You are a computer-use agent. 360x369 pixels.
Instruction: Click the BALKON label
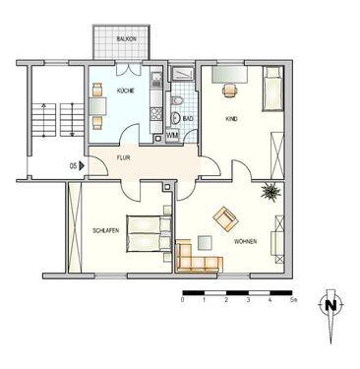125,38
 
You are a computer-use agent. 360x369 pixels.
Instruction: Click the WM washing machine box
172,135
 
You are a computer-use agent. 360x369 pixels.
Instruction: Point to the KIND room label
231,119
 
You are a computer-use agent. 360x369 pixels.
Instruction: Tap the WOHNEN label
246,240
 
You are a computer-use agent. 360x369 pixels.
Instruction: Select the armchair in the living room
225,215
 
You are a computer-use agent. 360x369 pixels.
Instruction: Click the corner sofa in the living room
198,258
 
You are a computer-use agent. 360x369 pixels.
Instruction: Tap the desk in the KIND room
231,86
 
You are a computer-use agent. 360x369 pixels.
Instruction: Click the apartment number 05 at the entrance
72,166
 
